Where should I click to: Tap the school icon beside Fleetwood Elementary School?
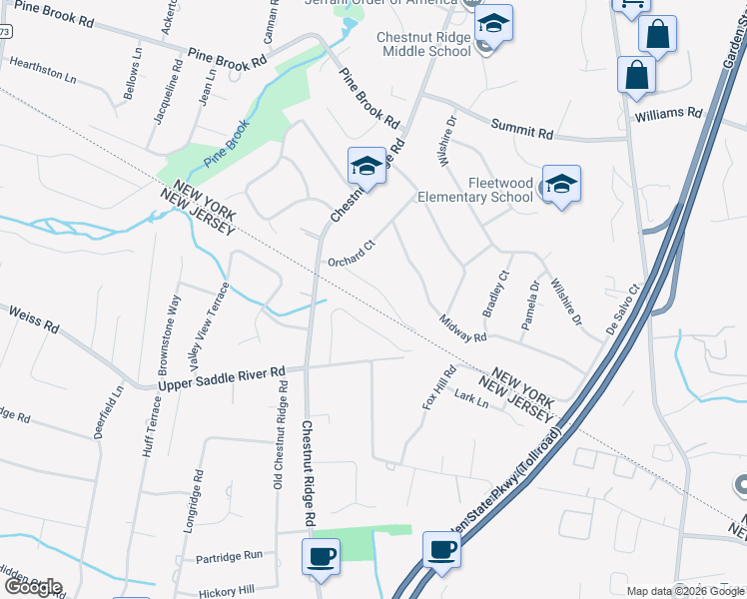pyautogui.click(x=561, y=183)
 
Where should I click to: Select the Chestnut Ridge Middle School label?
pyautogui.click(x=423, y=44)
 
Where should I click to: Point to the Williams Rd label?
pyautogui.click(x=668, y=115)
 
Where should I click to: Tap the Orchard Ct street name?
pyautogui.click(x=351, y=254)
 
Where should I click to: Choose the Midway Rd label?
pyautogui.click(x=463, y=328)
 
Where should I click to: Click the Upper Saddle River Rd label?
pyautogui.click(x=222, y=376)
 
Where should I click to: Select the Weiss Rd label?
pyautogui.click(x=34, y=319)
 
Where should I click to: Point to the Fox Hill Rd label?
pyautogui.click(x=437, y=387)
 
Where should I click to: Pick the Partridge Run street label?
pyautogui.click(x=229, y=555)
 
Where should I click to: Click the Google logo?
pyautogui.click(x=33, y=587)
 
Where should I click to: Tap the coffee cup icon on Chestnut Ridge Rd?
pyautogui.click(x=321, y=555)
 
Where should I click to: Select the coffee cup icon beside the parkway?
pyautogui.click(x=441, y=548)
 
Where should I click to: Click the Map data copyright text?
pyautogui.click(x=686, y=591)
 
